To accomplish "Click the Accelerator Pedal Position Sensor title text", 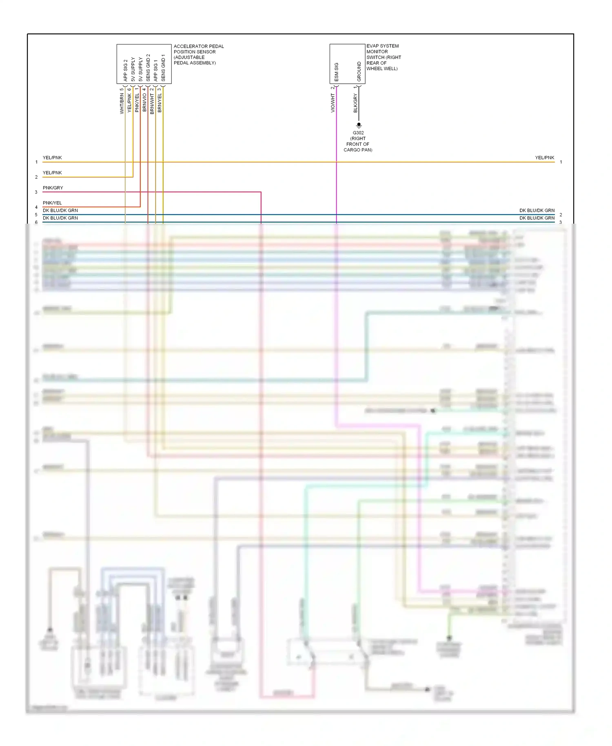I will coord(198,55).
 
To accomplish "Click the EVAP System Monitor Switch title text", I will coord(384,57).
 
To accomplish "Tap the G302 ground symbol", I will coord(359,125).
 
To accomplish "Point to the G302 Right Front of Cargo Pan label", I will coord(358,141).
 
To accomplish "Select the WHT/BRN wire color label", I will coord(122,103).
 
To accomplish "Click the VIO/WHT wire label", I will coord(333,103).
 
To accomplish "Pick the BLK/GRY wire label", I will coord(355,103).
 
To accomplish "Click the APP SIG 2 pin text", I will coord(125,70).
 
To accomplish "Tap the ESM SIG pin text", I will coord(337,72).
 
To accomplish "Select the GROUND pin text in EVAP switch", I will coord(359,71).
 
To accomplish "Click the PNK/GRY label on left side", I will coord(53,188).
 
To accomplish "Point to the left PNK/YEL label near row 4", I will coord(52,203).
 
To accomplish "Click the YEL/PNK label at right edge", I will coord(544,158).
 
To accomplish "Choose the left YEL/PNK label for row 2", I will coord(52,173).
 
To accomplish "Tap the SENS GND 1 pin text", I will coord(163,68).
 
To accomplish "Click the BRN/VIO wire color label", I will coord(144,102).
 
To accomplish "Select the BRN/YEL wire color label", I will coord(160,103).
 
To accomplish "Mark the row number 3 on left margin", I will coord(36,192).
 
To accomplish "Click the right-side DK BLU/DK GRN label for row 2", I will coord(537,211).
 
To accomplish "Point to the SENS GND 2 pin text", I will coord(148,67).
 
